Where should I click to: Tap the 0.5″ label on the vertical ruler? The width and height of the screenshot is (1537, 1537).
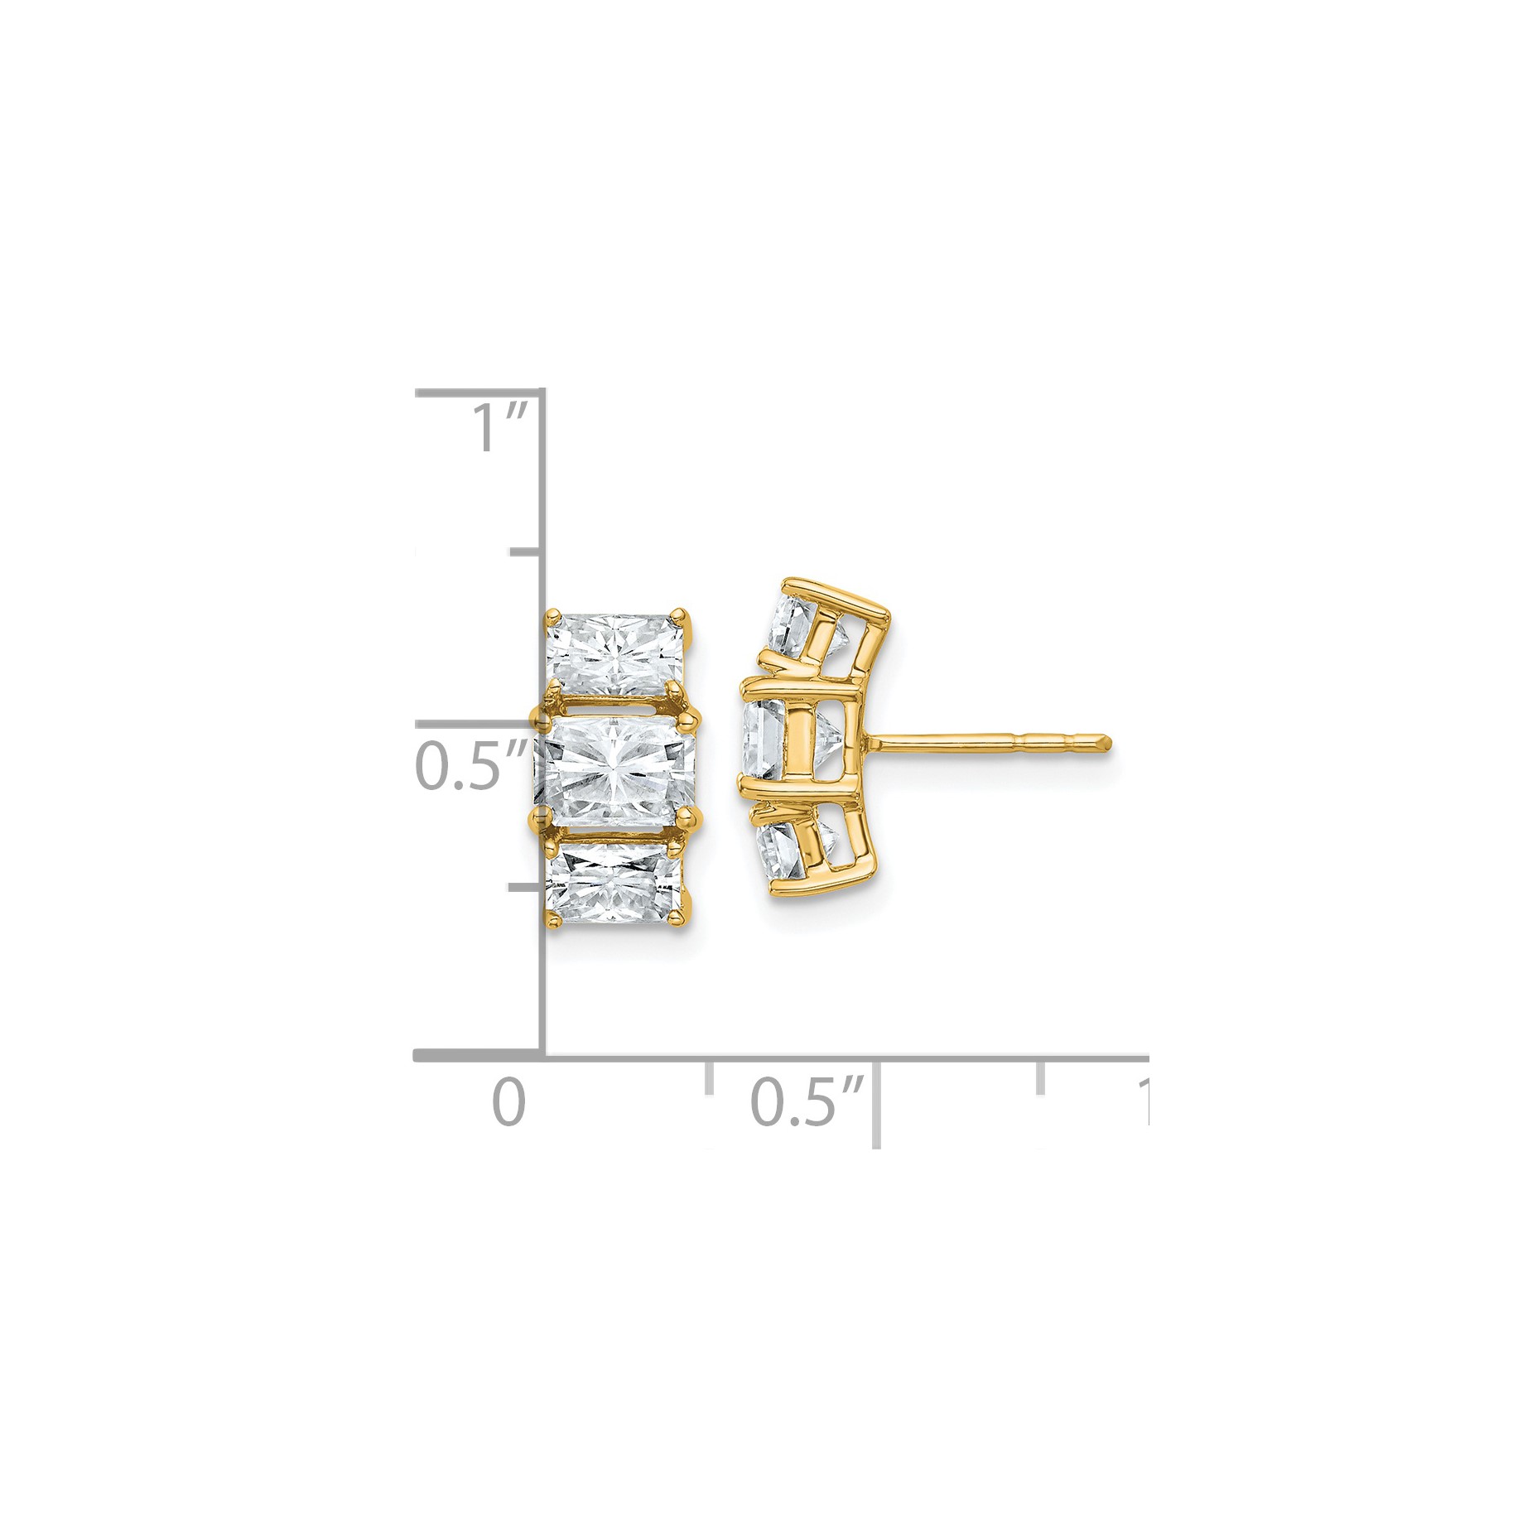(x=471, y=764)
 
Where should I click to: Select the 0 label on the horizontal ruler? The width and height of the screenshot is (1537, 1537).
(x=508, y=1102)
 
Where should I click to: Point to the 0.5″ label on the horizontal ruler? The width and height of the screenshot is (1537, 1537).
(x=807, y=1102)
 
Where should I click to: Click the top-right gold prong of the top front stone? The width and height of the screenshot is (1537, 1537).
(x=680, y=617)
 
